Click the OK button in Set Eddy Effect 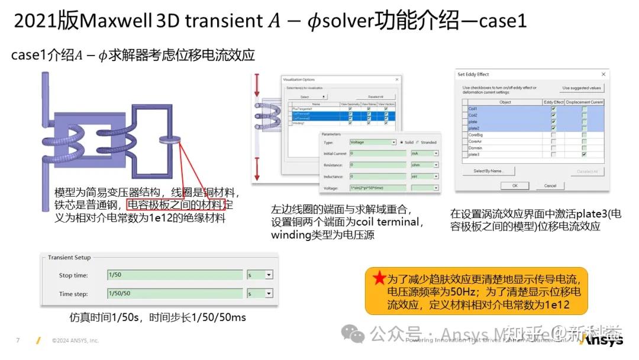pyautogui.click(x=515, y=185)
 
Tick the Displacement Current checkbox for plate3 pyautogui.click(x=584, y=155)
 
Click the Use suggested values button pyautogui.click(x=581, y=88)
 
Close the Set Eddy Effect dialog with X pyautogui.click(x=603, y=75)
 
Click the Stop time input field pyautogui.click(x=175, y=275)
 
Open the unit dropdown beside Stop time pyautogui.click(x=269, y=275)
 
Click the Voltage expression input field pyautogui.click(x=377, y=188)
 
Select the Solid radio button pyautogui.click(x=402, y=142)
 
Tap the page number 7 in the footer pyautogui.click(x=18, y=340)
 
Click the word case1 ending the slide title pyautogui.click(x=502, y=21)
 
